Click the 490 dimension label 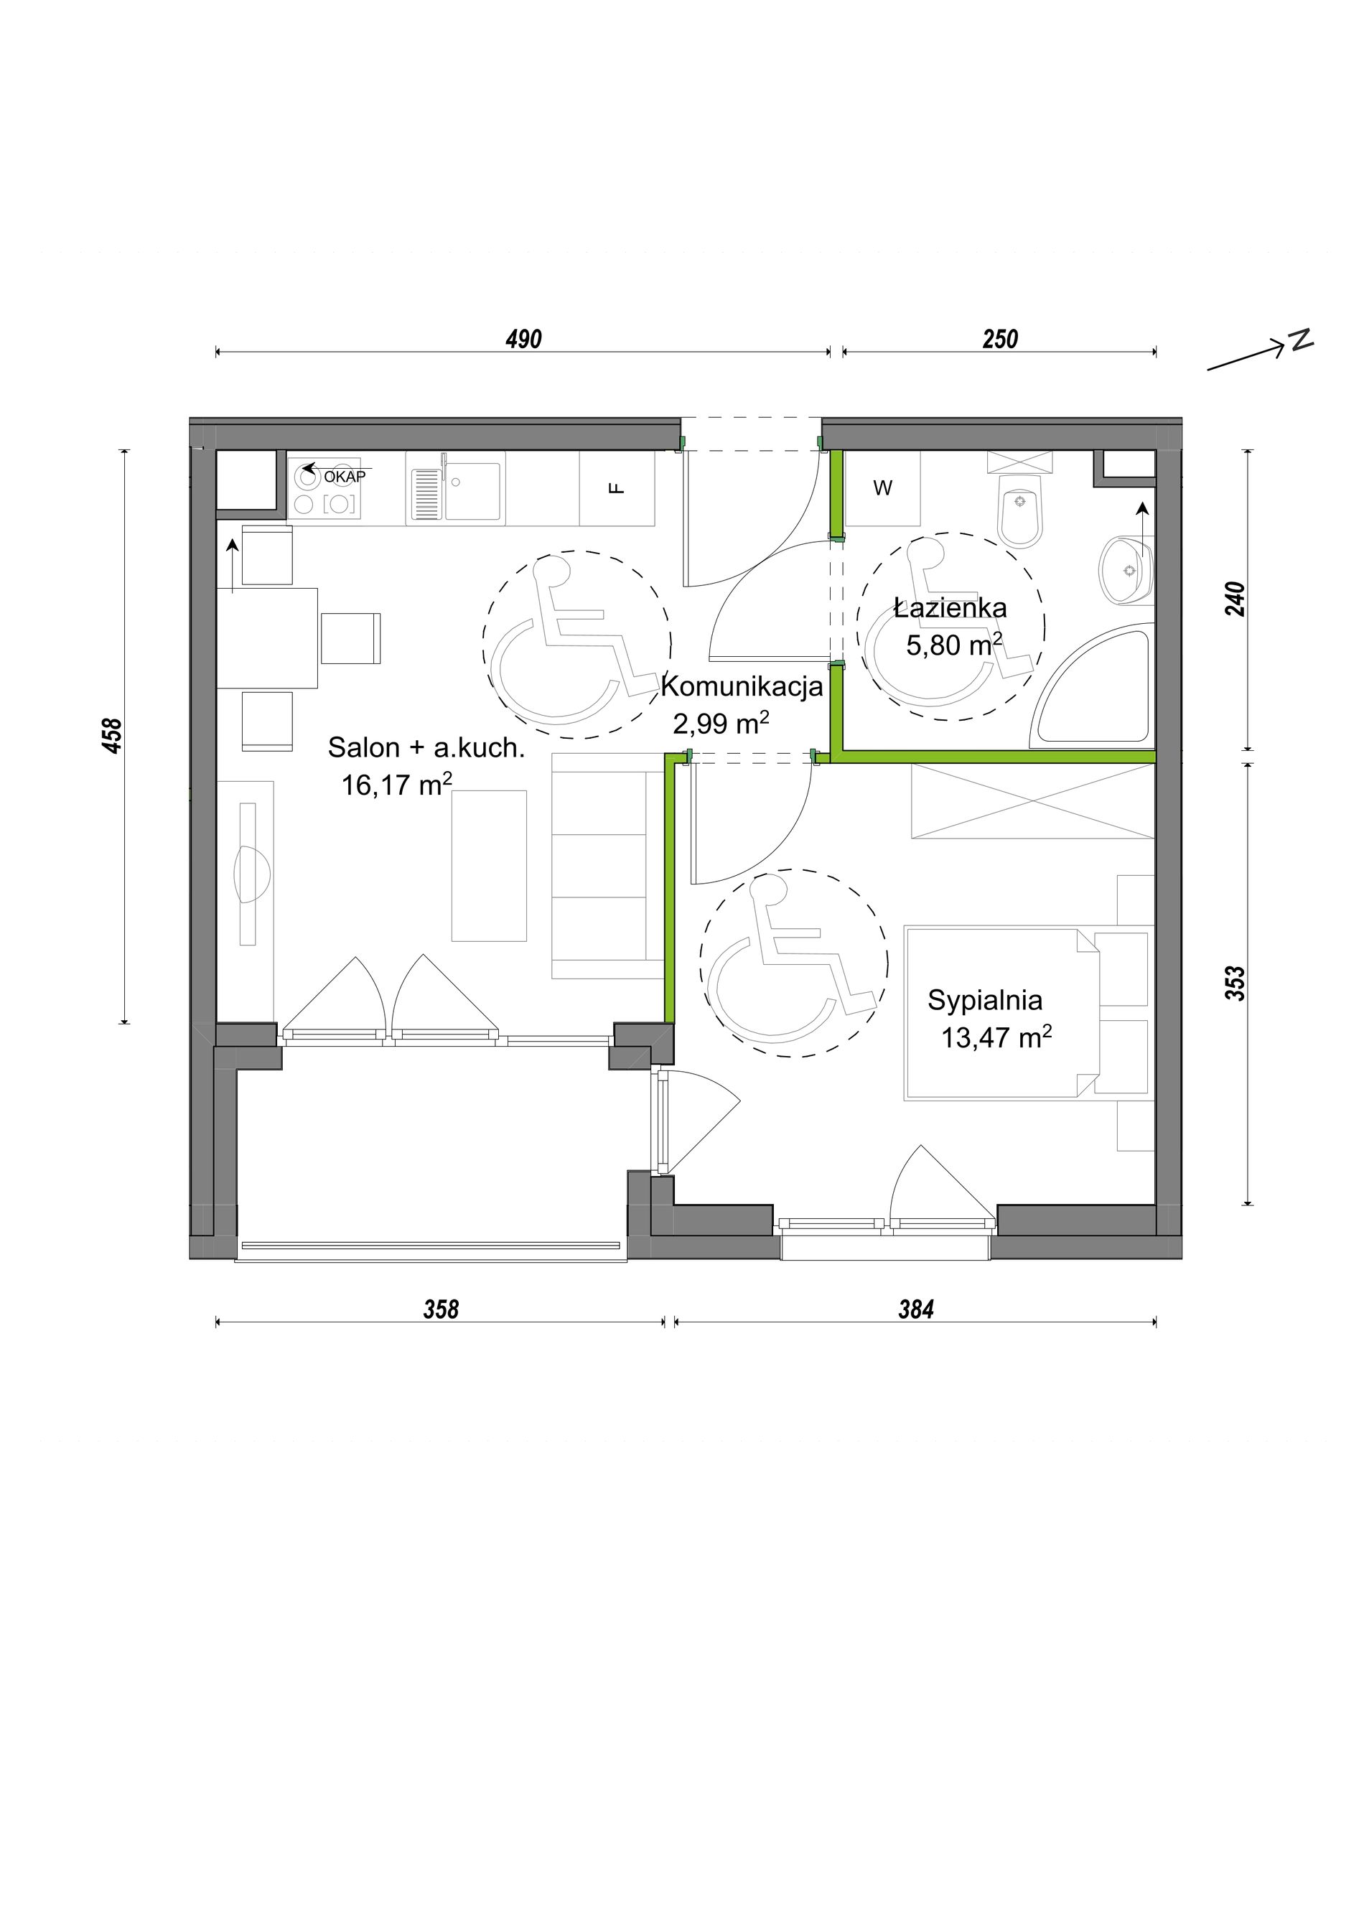(523, 340)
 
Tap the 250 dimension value (999, 340)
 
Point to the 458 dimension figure (112, 736)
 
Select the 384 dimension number (915, 1309)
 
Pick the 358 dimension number (441, 1309)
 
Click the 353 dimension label (1235, 984)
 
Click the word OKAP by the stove (345, 477)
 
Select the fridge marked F (617, 488)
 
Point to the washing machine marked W (882, 488)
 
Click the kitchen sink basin (473, 490)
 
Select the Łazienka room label (950, 607)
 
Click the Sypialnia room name (985, 1001)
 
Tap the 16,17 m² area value (396, 784)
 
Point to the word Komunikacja (742, 686)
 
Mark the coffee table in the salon (489, 865)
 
